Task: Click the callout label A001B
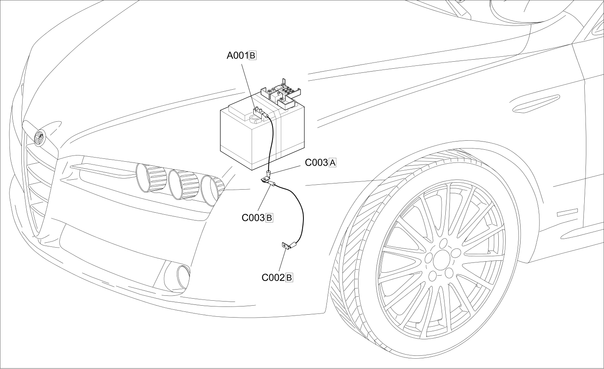coord(241,55)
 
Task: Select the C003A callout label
coord(321,162)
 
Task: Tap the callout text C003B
coord(257,218)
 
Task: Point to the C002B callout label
coord(277,278)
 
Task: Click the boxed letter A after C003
coord(333,162)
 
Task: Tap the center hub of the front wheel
coord(442,258)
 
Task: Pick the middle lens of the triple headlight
coord(183,184)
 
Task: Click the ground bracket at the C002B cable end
coord(285,246)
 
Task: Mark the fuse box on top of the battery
coord(282,96)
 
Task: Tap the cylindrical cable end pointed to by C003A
coord(268,174)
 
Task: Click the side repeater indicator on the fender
coord(567,213)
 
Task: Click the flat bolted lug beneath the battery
coord(266,180)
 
